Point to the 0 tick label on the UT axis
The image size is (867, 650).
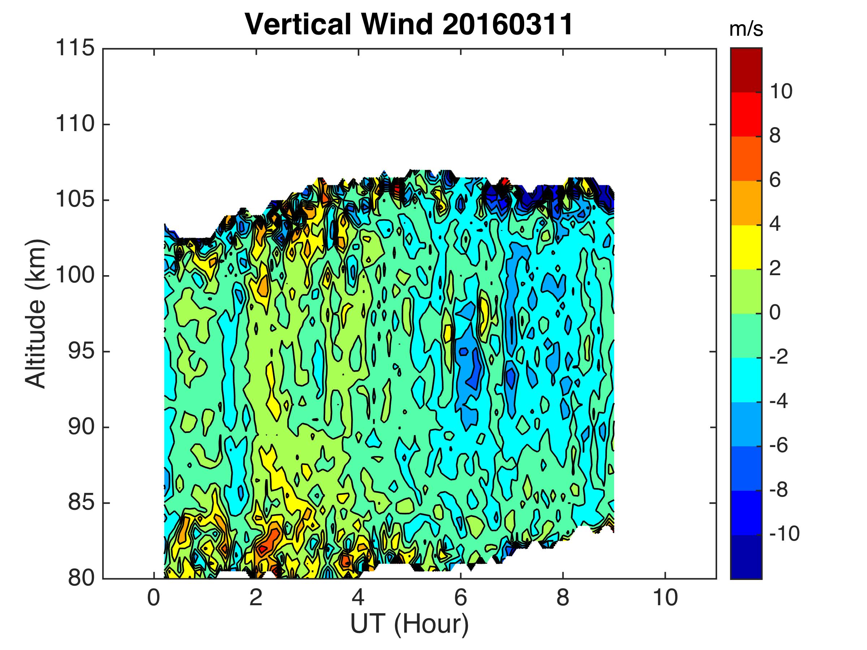153,598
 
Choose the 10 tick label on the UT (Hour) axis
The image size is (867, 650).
665,598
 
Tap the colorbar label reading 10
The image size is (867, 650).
781,92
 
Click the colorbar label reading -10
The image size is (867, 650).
784,534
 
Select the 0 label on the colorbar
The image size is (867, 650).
775,313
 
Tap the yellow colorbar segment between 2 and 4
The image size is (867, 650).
746,247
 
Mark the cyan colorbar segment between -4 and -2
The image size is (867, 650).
746,380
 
